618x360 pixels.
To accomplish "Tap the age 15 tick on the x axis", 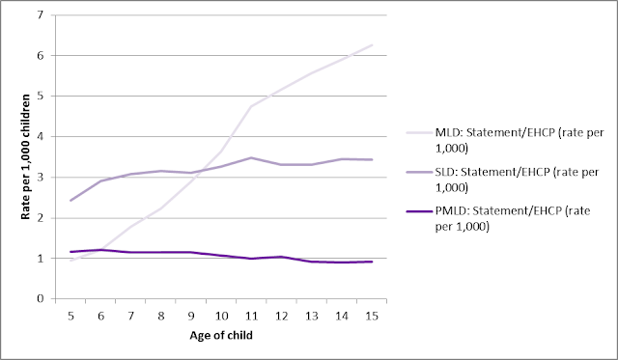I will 372,315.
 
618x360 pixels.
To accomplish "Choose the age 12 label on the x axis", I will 281,315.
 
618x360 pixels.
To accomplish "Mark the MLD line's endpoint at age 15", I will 372,45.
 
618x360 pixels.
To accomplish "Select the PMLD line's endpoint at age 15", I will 372,262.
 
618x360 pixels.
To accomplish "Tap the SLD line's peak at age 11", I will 251,157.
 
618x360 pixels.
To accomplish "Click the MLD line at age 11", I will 251,106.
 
